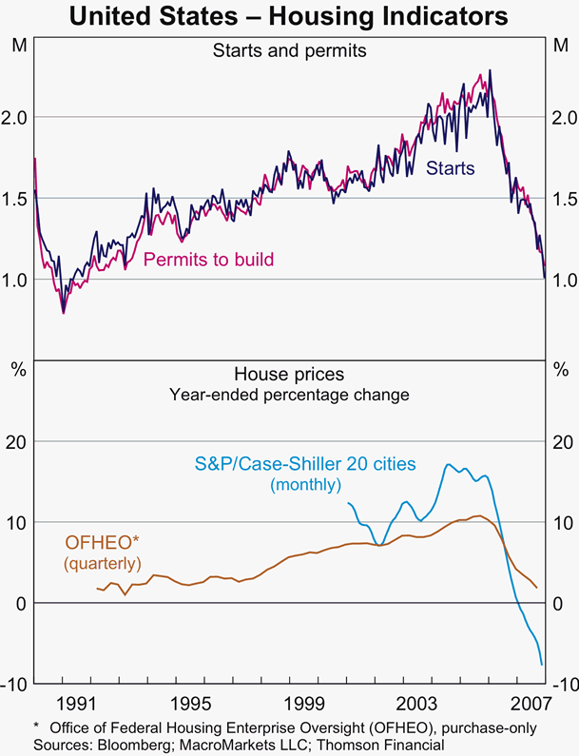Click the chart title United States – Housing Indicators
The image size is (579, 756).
coord(288,16)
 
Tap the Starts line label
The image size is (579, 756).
coord(450,168)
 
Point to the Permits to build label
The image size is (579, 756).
coord(208,259)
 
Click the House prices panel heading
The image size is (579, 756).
coord(288,375)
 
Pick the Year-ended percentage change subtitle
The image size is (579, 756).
coord(288,394)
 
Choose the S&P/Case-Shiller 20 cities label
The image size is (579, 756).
coord(305,465)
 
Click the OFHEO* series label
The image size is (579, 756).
coord(102,543)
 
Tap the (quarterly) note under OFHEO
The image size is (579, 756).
coord(102,564)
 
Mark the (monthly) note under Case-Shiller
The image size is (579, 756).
coord(305,485)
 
